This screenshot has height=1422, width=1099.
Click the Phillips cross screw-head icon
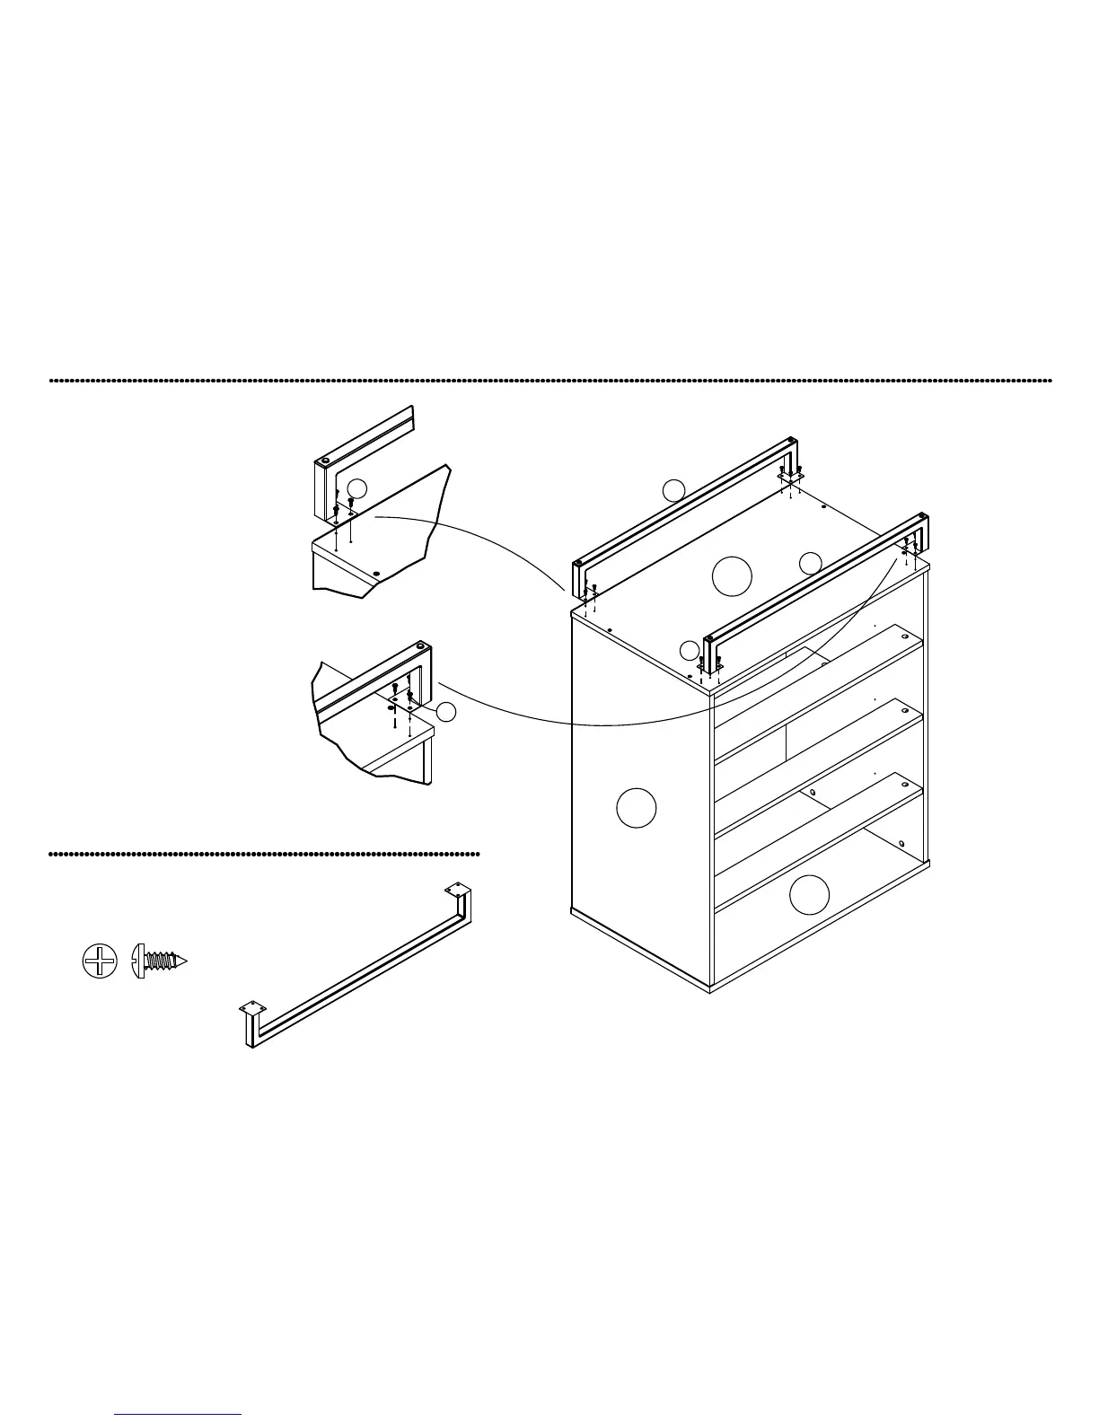pos(99,961)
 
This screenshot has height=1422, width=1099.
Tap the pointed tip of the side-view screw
pos(187,961)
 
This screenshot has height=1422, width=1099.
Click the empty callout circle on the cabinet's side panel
pos(637,807)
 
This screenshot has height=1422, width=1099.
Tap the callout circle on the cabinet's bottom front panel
pos(810,895)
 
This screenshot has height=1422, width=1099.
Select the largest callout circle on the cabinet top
pos(732,575)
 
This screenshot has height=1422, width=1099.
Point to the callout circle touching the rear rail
pos(673,490)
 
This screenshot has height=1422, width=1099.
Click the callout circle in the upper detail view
pos(357,488)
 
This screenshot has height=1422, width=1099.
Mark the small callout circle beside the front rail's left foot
pos(689,651)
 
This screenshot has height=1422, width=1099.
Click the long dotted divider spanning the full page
pos(549,381)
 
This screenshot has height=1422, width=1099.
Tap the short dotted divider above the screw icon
pos(264,854)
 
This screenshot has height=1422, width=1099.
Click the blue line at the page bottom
pos(178,1414)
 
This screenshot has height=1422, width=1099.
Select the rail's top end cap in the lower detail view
pos(421,645)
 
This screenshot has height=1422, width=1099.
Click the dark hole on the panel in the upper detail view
pos(376,572)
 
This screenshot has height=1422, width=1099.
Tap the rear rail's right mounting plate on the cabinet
pos(790,476)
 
